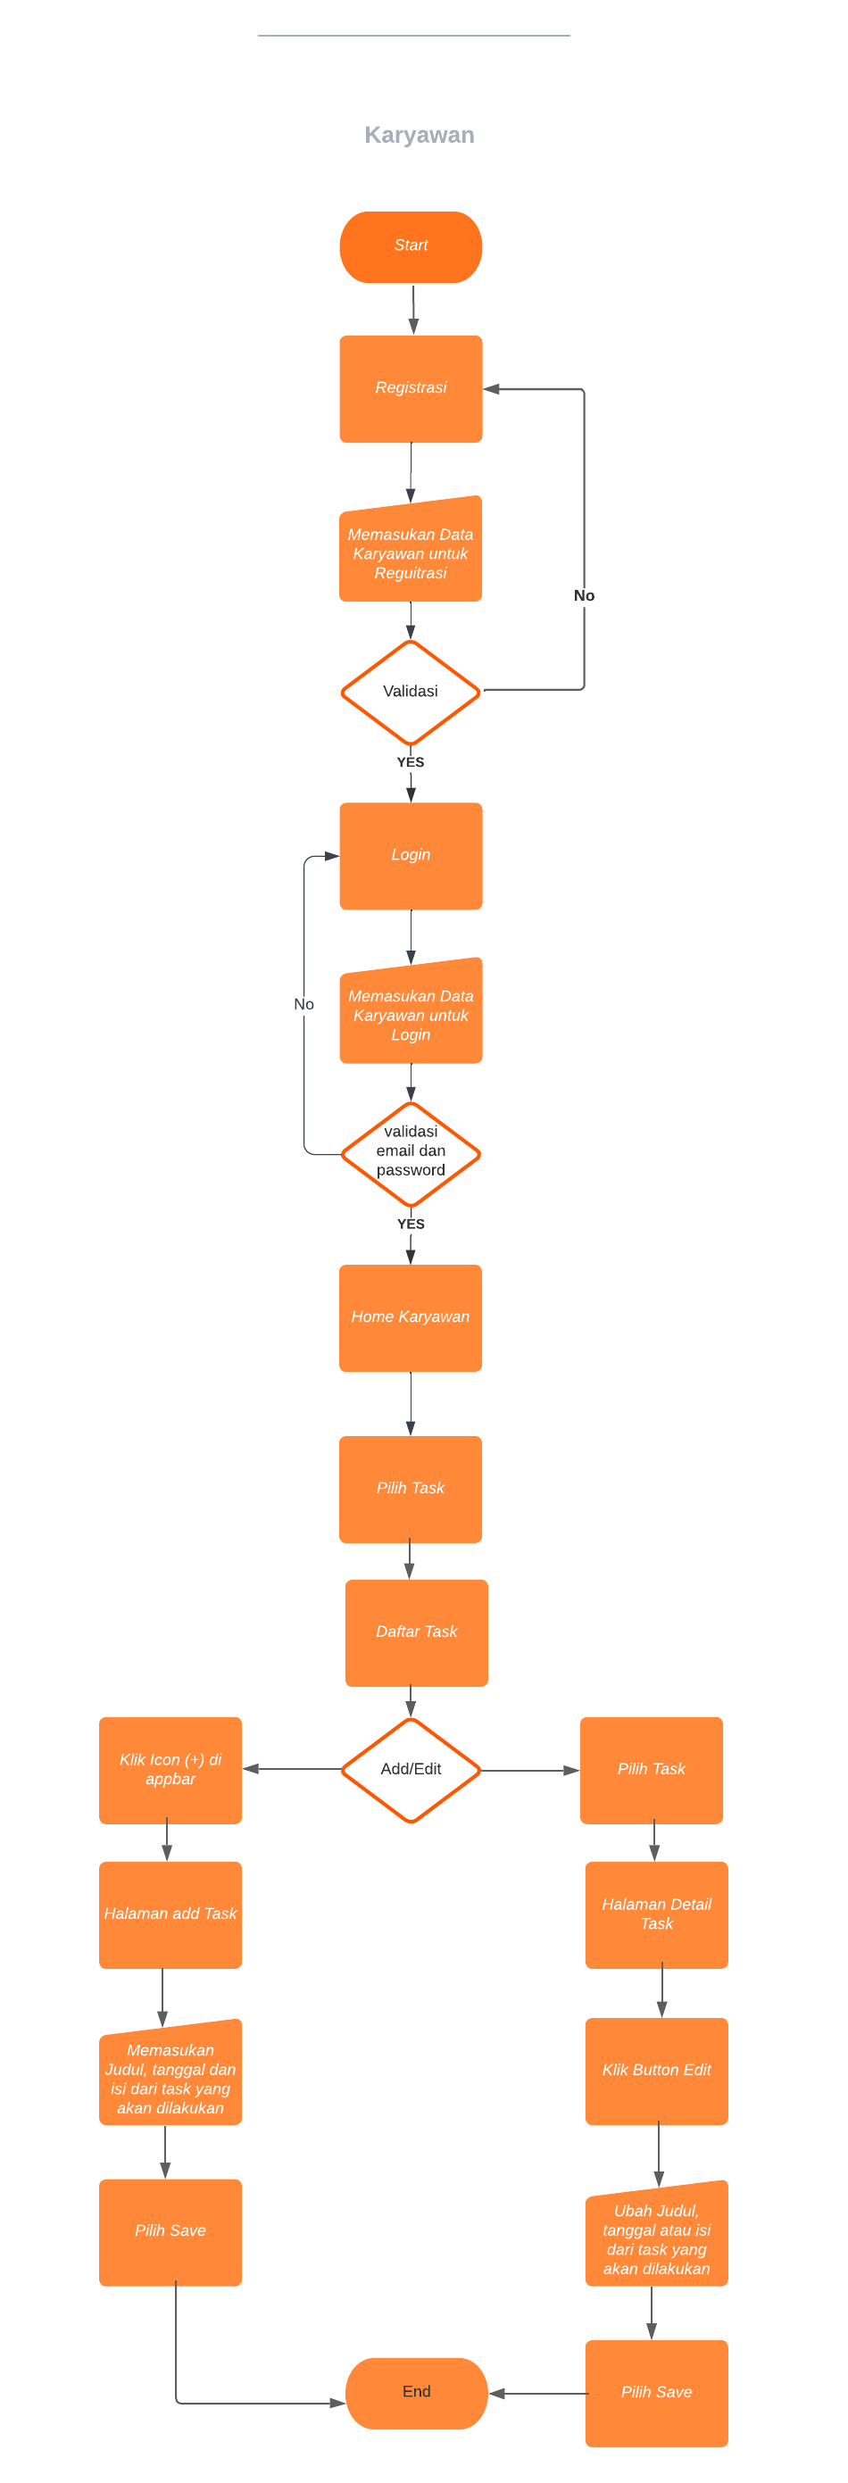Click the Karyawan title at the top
(419, 135)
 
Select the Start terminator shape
(411, 246)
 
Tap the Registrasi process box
(411, 388)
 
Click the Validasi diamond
(411, 691)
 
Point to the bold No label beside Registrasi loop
(584, 595)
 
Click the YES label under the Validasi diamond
(411, 761)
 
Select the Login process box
(411, 855)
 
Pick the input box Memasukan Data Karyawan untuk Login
(411, 1014)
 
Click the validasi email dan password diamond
(411, 1152)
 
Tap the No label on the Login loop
(303, 1003)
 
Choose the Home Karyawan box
(411, 1316)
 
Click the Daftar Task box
(416, 1632)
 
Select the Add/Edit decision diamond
(411, 1769)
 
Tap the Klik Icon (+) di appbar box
(170, 1769)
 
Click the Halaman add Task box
(170, 1914)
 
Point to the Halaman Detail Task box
(656, 1914)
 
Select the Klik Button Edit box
(656, 2070)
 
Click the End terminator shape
(416, 2391)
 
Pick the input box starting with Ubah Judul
(656, 2238)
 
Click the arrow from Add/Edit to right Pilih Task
(530, 1770)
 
